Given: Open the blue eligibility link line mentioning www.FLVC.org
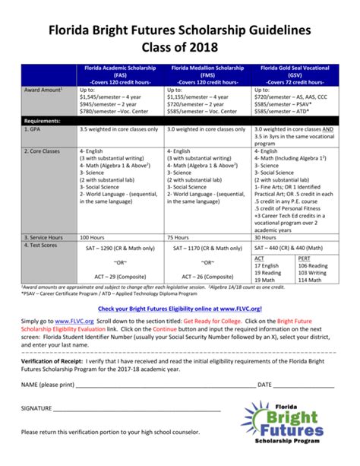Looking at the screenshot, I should click(179, 309).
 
